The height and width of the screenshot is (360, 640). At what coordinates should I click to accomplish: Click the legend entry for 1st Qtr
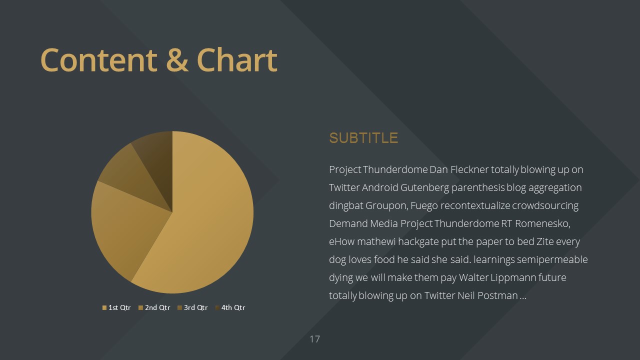coord(116,307)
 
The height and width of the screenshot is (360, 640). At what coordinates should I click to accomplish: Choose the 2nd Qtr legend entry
coord(154,307)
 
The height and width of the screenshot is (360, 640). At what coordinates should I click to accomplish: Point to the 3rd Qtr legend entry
coord(192,307)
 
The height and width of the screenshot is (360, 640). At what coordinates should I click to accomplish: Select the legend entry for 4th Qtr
coord(230,307)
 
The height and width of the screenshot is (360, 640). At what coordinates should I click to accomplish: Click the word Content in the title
coord(99,60)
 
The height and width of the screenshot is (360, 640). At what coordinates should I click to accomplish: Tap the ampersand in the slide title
coord(177,60)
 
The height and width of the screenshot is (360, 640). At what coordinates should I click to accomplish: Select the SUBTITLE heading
coord(363,138)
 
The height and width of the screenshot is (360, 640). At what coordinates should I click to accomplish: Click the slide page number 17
coord(315,339)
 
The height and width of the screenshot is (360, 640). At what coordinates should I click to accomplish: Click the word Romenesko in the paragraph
coord(542,224)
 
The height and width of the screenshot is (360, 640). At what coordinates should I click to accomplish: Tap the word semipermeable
coord(552,260)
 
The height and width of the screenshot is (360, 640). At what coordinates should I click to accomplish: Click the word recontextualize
coord(475,205)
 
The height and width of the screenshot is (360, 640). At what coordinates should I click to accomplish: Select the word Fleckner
coord(469,169)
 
